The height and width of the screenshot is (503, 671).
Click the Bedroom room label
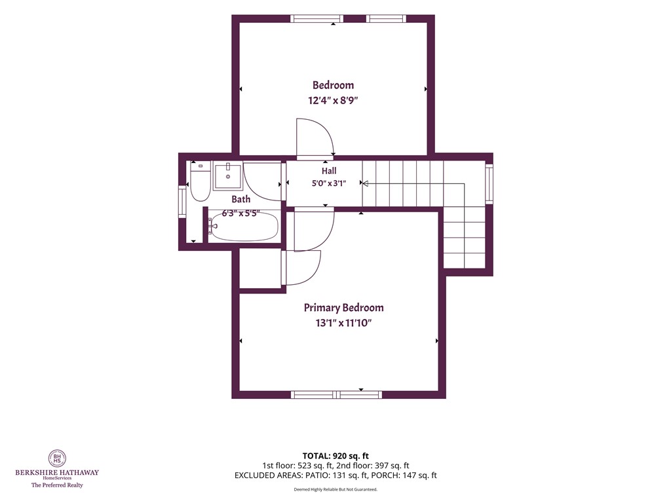tap(333, 85)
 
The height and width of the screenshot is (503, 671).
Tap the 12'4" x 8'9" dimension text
tap(333, 100)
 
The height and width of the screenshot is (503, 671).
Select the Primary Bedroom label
tap(343, 308)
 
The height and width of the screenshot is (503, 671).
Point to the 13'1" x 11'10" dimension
tap(343, 323)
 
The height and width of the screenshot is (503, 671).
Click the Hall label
tap(329, 171)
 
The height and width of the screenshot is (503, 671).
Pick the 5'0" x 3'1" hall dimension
tap(329, 183)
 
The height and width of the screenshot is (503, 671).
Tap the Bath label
tap(241, 199)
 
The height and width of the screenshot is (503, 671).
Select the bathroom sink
tap(228, 176)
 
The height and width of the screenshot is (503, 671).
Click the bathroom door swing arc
tap(262, 181)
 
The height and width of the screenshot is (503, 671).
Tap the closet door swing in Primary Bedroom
tap(301, 267)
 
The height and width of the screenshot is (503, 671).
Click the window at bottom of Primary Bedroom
tap(337, 394)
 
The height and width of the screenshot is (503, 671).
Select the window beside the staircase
tap(489, 184)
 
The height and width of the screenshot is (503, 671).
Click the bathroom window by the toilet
tap(182, 202)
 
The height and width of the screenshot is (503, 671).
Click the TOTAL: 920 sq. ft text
tap(335, 456)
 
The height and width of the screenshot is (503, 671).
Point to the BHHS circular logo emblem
tap(57, 458)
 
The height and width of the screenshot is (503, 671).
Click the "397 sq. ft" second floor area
tap(392, 466)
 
